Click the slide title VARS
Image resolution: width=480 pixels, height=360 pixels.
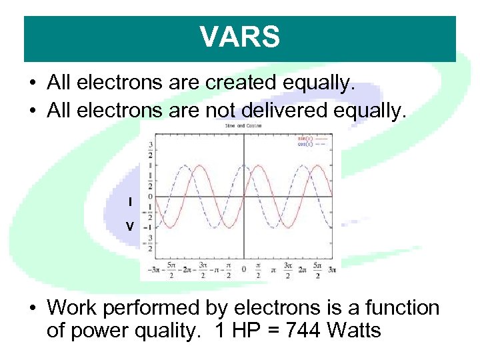[240, 37]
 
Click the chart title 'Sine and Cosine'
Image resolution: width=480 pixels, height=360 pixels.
[243, 125]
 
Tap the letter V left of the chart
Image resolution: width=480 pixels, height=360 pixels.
[130, 227]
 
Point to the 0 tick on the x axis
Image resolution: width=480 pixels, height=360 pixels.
[243, 269]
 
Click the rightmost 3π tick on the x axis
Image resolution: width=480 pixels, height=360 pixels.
[331, 269]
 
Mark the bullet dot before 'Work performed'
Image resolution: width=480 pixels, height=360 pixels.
[33, 309]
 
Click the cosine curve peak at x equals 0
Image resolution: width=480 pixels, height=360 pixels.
[243, 165]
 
